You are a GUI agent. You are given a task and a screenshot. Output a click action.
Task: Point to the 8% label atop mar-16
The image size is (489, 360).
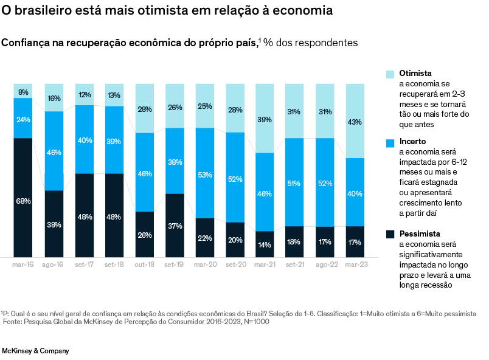tap(23, 92)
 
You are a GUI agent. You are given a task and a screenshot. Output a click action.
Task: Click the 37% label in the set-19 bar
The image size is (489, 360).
tap(175, 226)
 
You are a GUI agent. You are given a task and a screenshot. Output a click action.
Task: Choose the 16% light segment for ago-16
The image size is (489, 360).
tap(54, 98)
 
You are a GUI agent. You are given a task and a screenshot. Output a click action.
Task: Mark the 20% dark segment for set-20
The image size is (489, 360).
tap(235, 240)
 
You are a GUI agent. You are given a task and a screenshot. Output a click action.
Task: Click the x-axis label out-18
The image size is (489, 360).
tap(145, 265)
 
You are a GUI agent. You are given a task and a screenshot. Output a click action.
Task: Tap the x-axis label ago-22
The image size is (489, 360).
tap(325, 265)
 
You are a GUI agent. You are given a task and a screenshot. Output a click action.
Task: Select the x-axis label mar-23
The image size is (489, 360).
tap(355, 265)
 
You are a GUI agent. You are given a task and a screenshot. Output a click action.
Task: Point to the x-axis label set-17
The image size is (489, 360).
tap(85, 265)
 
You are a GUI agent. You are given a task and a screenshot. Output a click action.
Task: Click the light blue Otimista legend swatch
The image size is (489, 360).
tap(390, 74)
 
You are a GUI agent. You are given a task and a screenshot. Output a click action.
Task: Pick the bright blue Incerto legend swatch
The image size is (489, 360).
tap(390, 143)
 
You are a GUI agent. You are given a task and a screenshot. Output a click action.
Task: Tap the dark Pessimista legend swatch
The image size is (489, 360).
tap(390, 234)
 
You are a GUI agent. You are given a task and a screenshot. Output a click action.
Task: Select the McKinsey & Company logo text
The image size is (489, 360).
tap(36, 351)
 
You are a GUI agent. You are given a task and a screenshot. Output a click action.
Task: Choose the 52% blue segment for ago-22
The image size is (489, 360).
tap(325, 182)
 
